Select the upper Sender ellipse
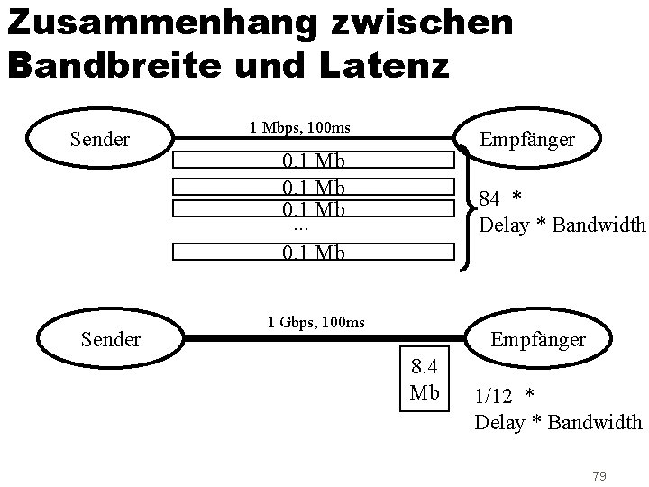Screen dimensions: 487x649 click(x=100, y=140)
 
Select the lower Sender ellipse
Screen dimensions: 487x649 click(x=111, y=339)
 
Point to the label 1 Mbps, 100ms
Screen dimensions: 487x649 click(x=299, y=128)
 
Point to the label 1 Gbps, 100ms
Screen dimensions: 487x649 click(x=315, y=321)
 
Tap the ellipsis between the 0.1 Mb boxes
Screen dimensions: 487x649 click(x=301, y=227)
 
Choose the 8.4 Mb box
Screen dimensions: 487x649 click(x=425, y=380)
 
